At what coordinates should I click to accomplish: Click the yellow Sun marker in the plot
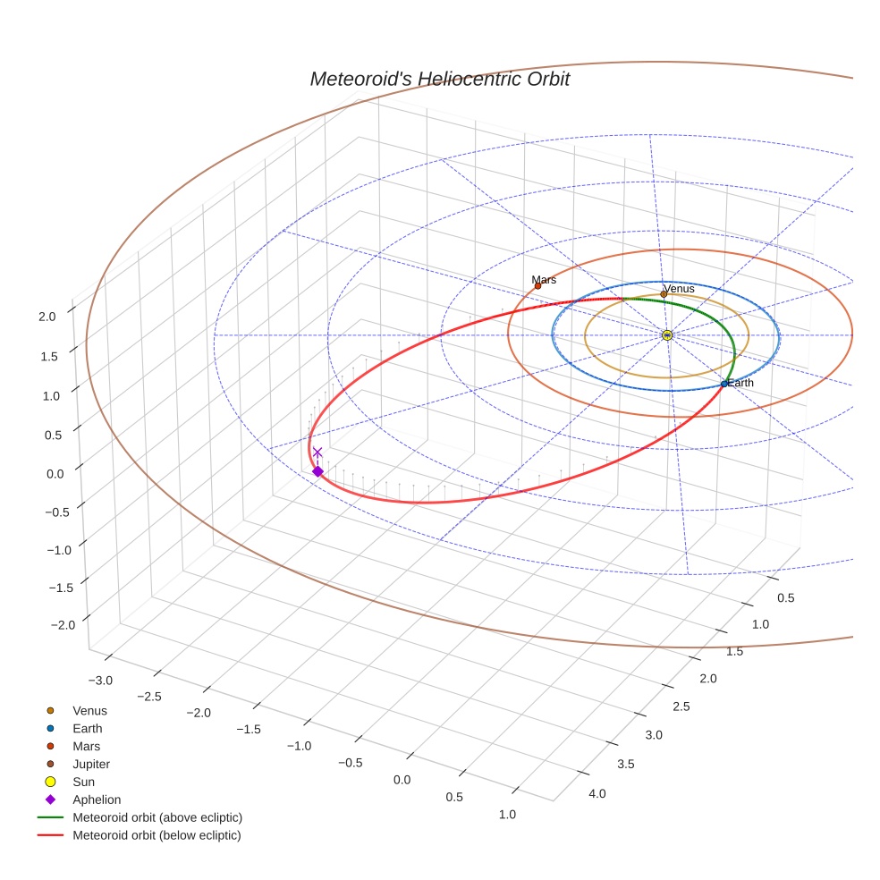(x=667, y=334)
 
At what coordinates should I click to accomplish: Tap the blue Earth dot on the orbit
(x=724, y=384)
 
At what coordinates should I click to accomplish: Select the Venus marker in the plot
(x=664, y=294)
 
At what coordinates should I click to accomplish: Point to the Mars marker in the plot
(x=537, y=286)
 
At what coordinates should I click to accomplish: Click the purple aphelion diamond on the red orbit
(x=317, y=471)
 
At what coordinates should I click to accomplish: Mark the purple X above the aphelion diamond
(x=317, y=453)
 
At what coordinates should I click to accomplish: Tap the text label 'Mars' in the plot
(x=544, y=279)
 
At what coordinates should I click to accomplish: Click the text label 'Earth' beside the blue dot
(x=740, y=383)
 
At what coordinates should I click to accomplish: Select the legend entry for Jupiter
(x=91, y=764)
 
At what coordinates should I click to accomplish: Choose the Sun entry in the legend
(x=85, y=782)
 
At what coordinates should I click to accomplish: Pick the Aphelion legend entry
(x=97, y=800)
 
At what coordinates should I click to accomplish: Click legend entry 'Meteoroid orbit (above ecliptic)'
(x=157, y=817)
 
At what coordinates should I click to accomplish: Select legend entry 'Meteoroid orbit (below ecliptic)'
(x=157, y=835)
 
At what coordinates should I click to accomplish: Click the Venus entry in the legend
(x=89, y=710)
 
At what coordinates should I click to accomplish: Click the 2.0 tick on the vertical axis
(x=47, y=316)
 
